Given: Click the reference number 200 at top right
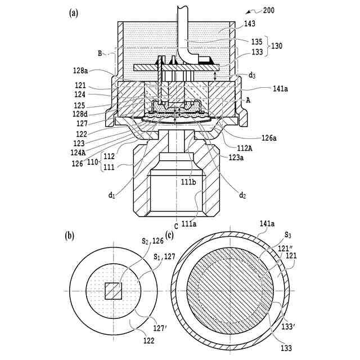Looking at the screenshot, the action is click(268, 11).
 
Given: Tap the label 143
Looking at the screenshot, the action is click(250, 24).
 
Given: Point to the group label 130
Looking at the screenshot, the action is click(277, 46).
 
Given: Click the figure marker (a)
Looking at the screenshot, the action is click(74, 13).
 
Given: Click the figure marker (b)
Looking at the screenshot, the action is click(70, 236).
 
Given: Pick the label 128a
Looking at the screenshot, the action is click(80, 70).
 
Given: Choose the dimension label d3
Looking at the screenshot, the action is click(252, 75).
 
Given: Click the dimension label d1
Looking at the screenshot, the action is click(111, 195).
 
